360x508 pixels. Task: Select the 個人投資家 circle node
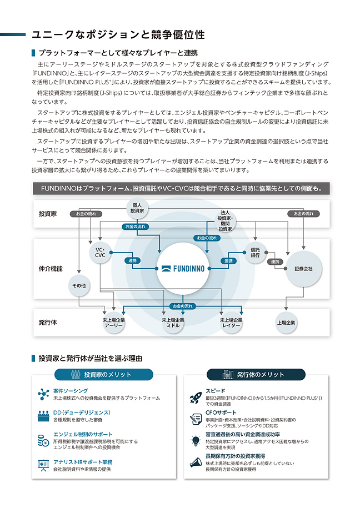[137, 208]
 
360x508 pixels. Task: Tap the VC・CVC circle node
[100, 252]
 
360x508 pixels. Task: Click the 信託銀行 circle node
[255, 252]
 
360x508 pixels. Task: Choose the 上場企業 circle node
[286, 323]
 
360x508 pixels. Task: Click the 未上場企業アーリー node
[114, 323]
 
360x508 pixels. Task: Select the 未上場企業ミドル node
[173, 323]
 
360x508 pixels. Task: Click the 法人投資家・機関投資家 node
[225, 220]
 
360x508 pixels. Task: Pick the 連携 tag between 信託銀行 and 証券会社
[274, 261]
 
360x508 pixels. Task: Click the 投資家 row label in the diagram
[48, 214]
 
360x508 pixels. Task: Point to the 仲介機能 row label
[51, 269]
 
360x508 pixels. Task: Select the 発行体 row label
[48, 323]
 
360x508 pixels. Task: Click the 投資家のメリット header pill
[104, 375]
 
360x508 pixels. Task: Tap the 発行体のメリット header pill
[256, 375]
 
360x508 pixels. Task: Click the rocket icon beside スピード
[196, 396]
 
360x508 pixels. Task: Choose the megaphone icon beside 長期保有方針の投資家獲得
[196, 461]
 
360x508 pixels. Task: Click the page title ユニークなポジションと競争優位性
[118, 35]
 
